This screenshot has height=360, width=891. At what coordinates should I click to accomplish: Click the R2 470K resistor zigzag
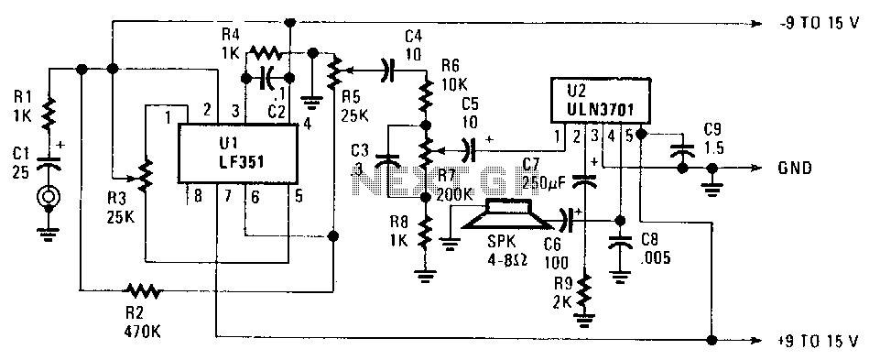tap(144, 290)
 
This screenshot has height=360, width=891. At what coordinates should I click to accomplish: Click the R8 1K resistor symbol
tap(424, 230)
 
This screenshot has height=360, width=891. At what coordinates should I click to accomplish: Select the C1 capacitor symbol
tap(49, 163)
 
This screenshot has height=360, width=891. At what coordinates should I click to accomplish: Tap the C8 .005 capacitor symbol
tap(620, 243)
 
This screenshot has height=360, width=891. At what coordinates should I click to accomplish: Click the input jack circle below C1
tap(48, 198)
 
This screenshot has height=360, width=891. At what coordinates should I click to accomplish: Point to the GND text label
tap(796, 169)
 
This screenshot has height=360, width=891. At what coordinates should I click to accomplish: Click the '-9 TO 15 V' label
tap(819, 24)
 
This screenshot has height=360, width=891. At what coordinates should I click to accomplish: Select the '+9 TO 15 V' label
tap(818, 342)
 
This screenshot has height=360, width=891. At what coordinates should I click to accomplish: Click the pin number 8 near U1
tap(198, 196)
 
